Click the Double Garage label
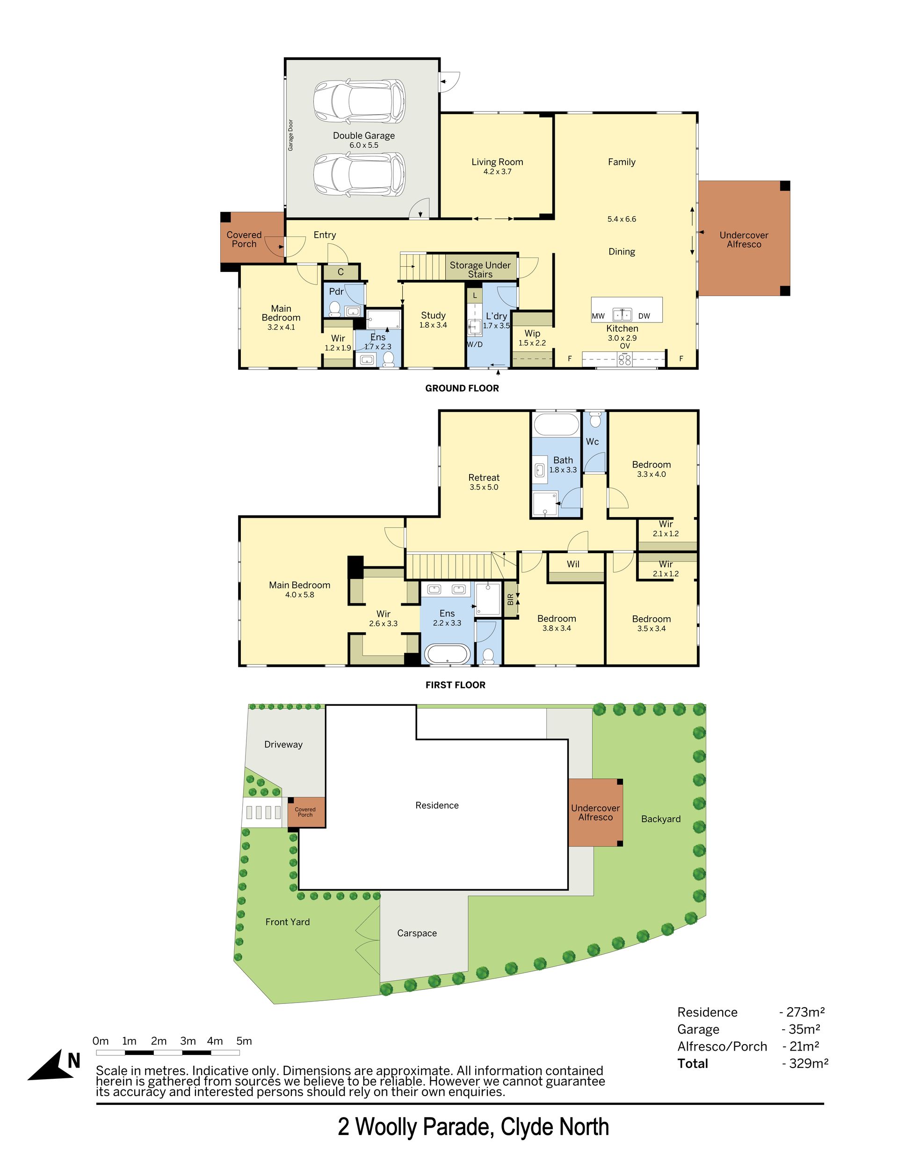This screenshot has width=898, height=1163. coord(363,136)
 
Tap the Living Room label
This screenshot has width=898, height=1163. coord(497,162)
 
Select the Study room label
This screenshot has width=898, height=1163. coord(433,315)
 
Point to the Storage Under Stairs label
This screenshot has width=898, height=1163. coord(480,270)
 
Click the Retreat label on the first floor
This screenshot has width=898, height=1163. coord(484,478)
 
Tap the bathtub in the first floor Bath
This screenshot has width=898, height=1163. coord(556,425)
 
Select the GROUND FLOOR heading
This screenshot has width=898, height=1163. coord(462,388)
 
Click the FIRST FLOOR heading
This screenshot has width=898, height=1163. coord(455,685)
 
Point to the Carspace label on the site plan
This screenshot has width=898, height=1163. coord(417,933)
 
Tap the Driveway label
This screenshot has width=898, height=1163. coord(283,745)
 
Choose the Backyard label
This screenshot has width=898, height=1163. coord(660,819)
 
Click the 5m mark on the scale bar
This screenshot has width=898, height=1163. coord(244,1040)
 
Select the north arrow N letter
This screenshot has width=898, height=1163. coord(73,1061)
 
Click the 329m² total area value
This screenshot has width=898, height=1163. coord(805,1063)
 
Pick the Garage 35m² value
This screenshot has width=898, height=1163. coord(801,1029)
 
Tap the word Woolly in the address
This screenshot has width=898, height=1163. coord(386,1127)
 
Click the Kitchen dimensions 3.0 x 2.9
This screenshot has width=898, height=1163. coord(622,337)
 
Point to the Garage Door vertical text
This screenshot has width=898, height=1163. coord(290,135)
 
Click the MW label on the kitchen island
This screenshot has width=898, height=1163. coord(598,316)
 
